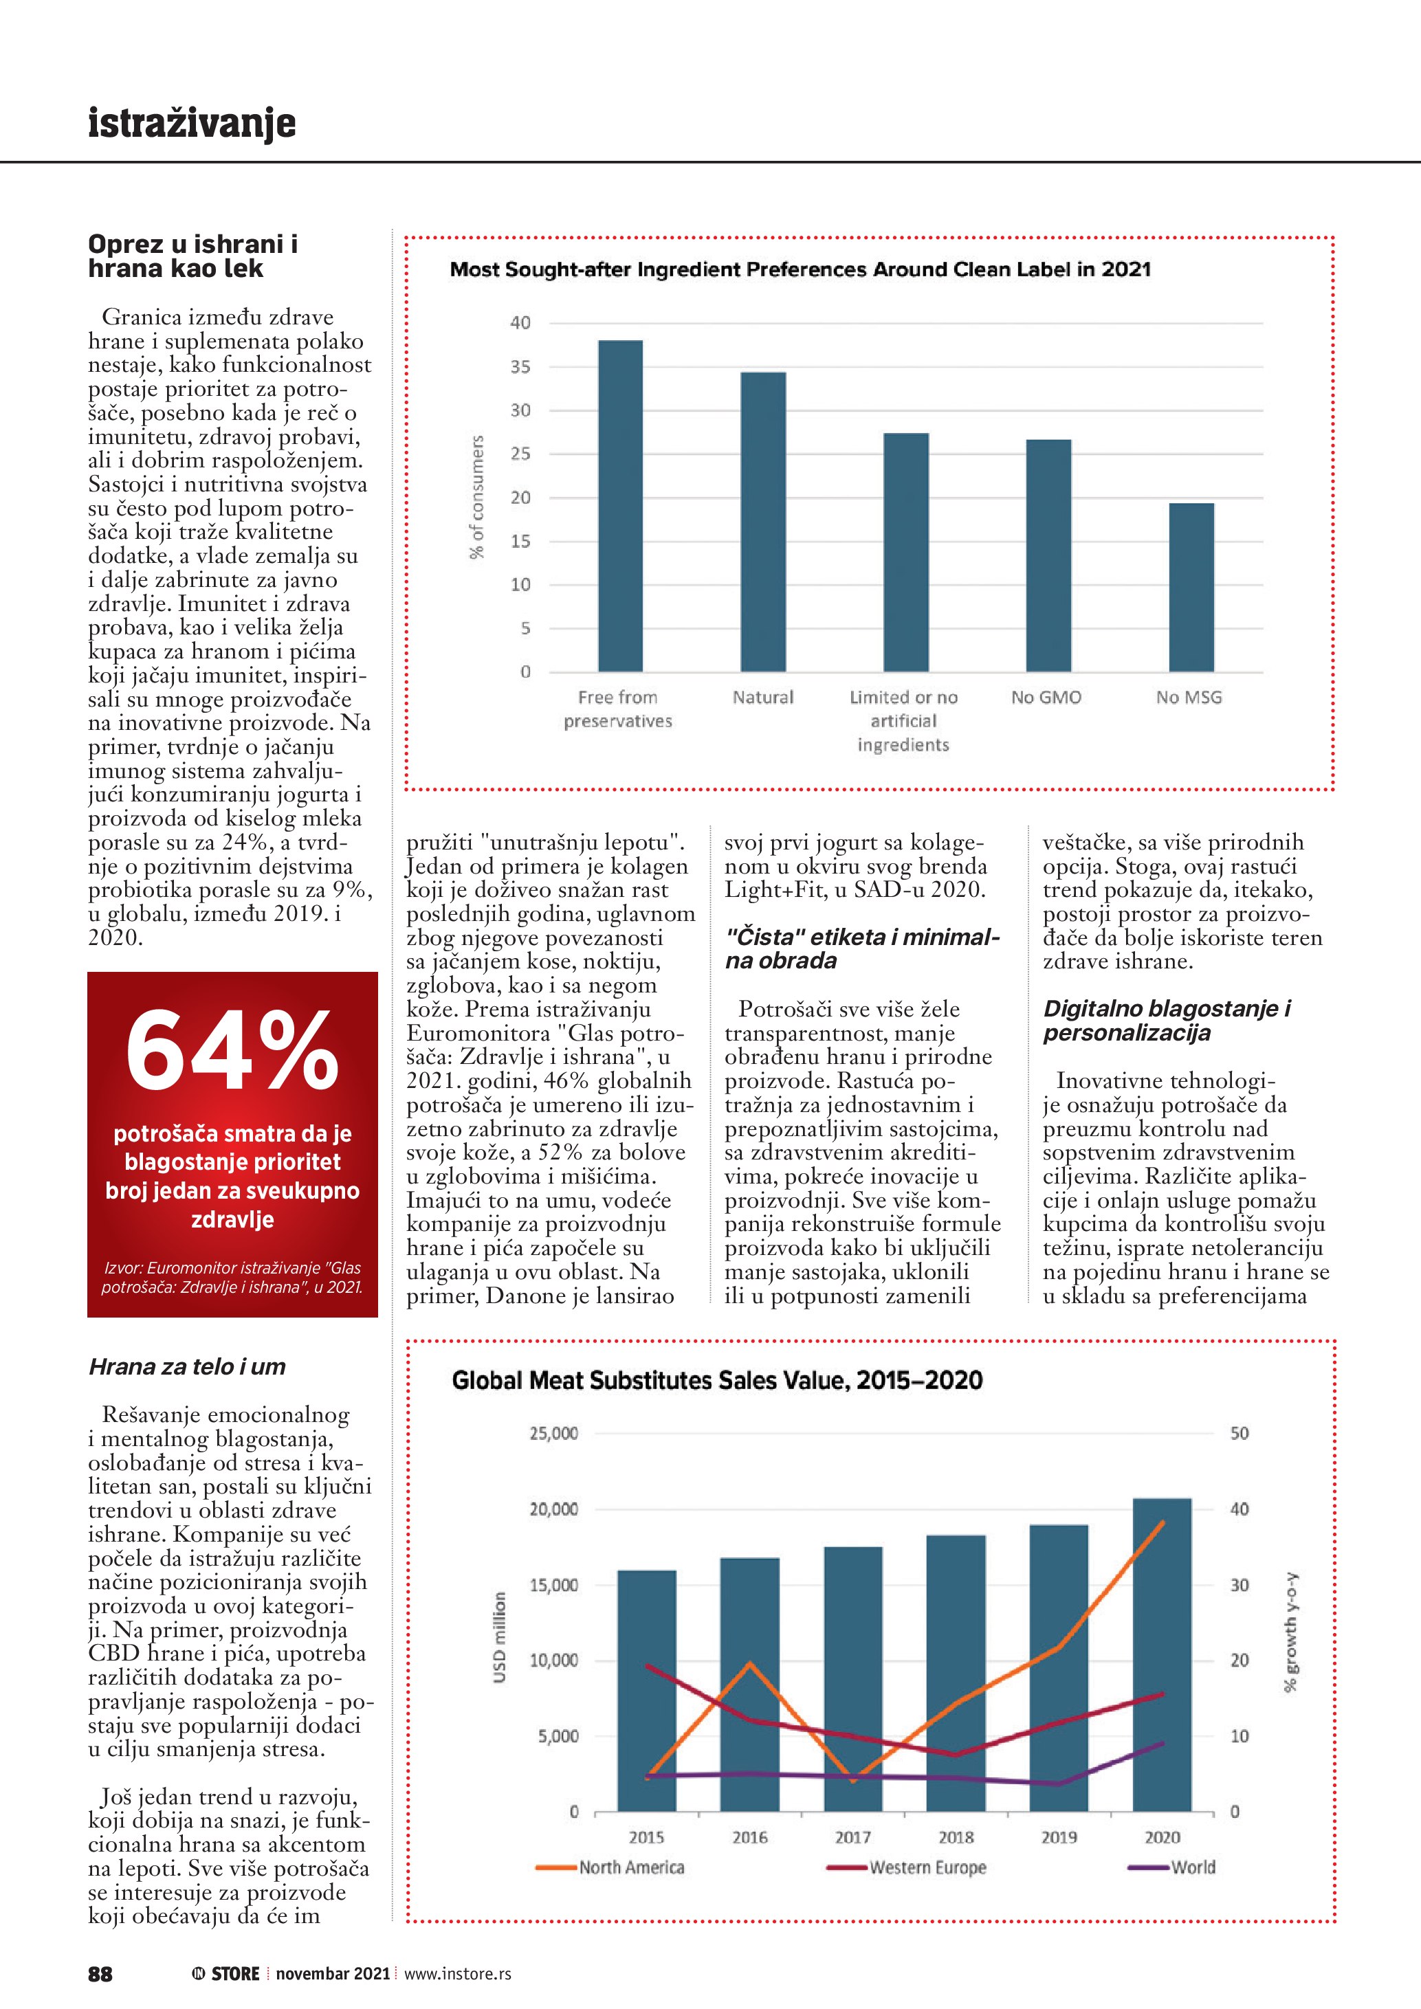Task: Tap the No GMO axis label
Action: (x=1046, y=698)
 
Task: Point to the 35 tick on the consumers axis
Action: (x=520, y=366)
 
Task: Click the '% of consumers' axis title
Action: (x=477, y=497)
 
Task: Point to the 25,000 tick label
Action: (x=553, y=1433)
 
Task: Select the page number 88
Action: (x=100, y=1974)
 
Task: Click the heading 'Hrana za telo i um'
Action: (x=187, y=1367)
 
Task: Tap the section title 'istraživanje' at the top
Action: (x=192, y=122)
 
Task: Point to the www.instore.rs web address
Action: (x=458, y=1974)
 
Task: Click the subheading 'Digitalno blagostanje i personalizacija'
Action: (x=1167, y=1020)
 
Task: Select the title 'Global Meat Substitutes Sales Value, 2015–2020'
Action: (x=716, y=1380)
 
